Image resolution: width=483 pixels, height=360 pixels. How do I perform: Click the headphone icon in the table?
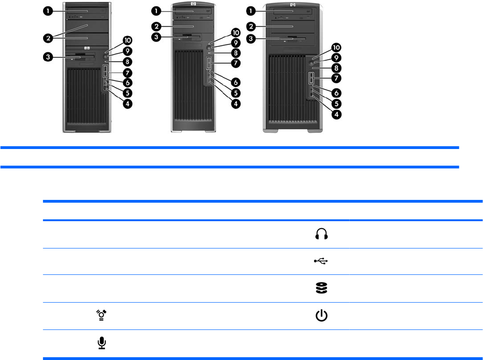point(321,235)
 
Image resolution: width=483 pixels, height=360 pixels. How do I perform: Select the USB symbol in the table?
point(321,261)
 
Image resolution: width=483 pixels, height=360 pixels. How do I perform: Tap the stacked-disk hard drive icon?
point(321,288)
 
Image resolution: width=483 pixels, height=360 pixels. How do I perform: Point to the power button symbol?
point(321,316)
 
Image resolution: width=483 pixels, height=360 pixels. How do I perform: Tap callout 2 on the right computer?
point(251,25)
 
